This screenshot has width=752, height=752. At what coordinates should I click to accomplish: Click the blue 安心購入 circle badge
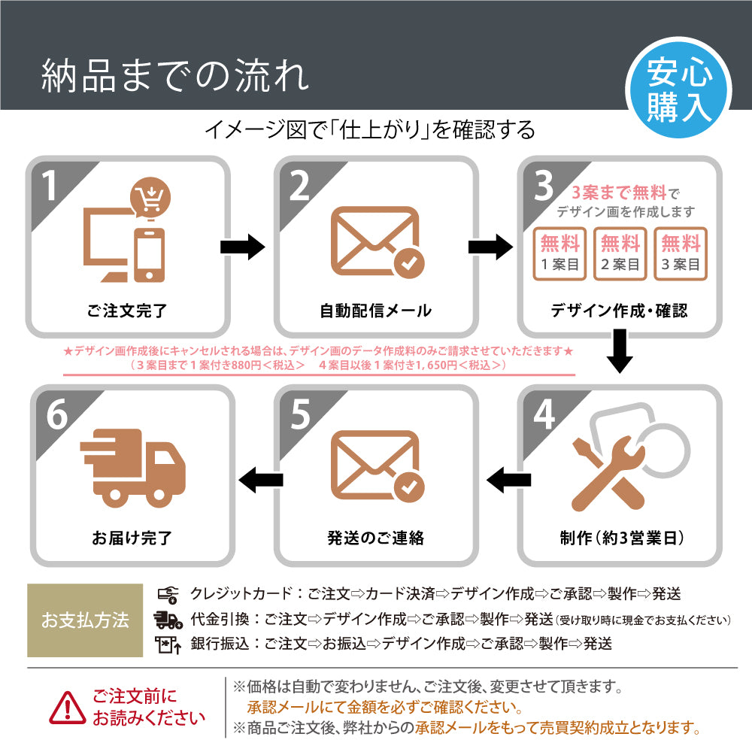(x=679, y=92)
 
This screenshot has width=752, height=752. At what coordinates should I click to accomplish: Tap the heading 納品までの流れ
(x=174, y=77)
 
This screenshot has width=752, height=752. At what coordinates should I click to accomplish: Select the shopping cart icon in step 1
(x=150, y=198)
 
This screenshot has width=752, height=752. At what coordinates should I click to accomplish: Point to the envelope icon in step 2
(x=376, y=241)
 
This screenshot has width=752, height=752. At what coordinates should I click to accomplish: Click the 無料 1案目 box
(x=560, y=254)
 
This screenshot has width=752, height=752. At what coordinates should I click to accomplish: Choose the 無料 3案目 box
(x=681, y=254)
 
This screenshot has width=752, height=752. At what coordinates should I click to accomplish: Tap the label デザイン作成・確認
(x=619, y=310)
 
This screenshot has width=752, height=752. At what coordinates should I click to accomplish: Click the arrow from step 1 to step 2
(x=242, y=247)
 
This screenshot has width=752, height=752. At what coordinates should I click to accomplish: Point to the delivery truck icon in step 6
(x=132, y=468)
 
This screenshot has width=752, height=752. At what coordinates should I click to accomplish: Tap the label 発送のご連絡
(x=376, y=538)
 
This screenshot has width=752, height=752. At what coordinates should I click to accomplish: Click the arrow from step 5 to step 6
(x=260, y=479)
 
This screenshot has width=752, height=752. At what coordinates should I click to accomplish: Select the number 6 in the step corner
(x=57, y=416)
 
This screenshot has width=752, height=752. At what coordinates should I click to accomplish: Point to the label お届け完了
(x=132, y=538)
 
